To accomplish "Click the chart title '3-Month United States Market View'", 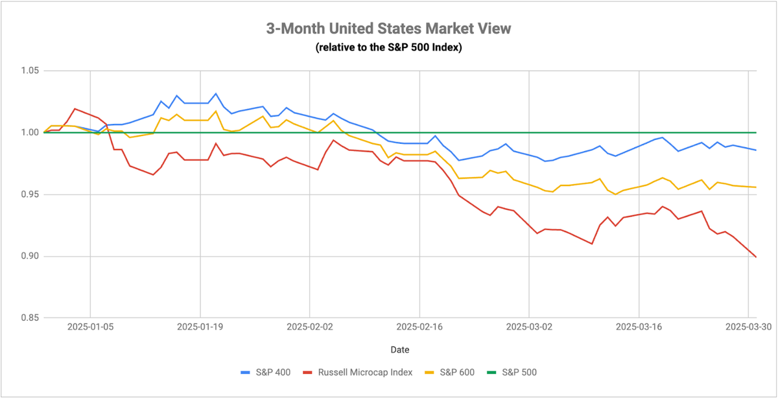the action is click(388, 29).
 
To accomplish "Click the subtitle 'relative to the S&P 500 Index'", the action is click(388, 47).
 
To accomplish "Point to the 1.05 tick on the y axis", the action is click(30, 71).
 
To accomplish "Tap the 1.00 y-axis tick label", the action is click(30, 132).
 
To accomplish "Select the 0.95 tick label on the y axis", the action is click(30, 194).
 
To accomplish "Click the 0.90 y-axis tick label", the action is click(30, 256).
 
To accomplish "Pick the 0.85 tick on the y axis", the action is click(30, 318).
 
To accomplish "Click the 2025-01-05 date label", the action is click(90, 327).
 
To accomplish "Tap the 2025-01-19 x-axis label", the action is click(200, 327).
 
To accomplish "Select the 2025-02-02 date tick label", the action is click(310, 327).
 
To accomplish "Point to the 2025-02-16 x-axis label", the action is click(419, 327).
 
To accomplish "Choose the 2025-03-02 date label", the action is click(529, 327).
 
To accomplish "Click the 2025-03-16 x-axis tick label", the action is click(639, 327).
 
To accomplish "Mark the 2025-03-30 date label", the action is click(748, 327).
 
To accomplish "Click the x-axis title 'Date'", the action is click(400, 350).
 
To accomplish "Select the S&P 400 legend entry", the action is click(266, 372).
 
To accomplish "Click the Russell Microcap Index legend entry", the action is click(358, 372).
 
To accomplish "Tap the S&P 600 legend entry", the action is click(450, 372).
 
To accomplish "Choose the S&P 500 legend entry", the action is click(512, 372).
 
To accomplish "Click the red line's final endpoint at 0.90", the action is click(756, 257).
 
